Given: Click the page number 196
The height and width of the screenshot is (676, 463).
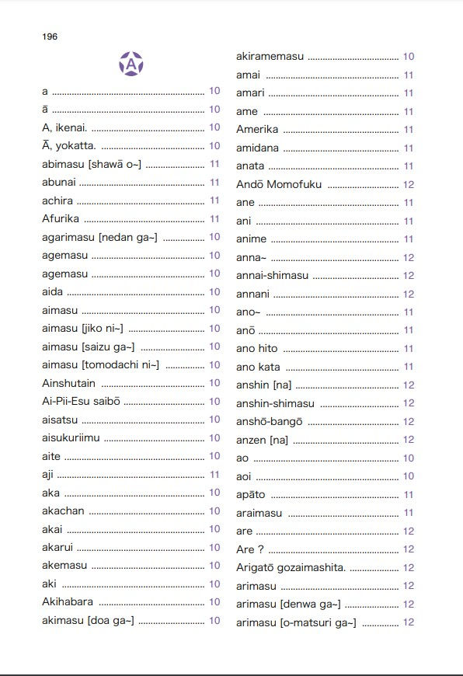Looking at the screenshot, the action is [50, 37].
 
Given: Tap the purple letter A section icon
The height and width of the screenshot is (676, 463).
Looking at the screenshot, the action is [131, 63].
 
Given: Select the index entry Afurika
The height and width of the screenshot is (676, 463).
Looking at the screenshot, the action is [61, 219].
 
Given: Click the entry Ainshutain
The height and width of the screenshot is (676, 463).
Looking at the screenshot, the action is [68, 383].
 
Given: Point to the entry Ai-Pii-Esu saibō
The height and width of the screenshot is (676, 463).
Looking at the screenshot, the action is [80, 402].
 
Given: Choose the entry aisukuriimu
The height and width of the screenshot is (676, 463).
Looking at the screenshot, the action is [71, 438].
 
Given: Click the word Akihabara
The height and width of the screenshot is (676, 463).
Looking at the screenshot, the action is [68, 602].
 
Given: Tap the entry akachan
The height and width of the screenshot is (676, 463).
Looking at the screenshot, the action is [63, 511].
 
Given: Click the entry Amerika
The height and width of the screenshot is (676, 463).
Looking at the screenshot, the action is [257, 130].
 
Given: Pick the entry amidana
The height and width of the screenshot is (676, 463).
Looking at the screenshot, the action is [257, 148].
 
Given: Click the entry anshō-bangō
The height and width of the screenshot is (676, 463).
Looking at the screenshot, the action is [270, 422].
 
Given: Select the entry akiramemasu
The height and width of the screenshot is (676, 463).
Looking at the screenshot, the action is [270, 57].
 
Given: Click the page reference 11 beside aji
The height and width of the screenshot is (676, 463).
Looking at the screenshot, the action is [214, 475].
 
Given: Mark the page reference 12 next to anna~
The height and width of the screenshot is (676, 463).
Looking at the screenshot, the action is [409, 258].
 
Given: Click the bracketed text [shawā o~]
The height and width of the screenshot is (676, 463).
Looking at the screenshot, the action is [115, 164].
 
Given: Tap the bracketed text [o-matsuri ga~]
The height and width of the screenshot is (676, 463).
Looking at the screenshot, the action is [318, 623].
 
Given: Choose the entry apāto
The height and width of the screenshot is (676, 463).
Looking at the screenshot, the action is [251, 495].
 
